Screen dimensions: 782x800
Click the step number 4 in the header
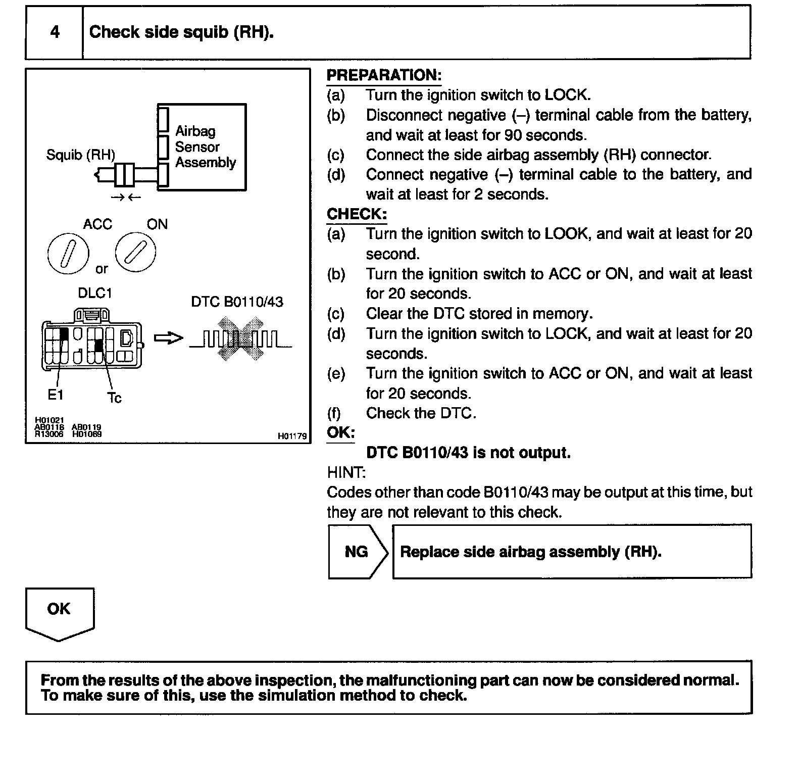click(55, 32)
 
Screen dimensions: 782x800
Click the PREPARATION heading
click(384, 75)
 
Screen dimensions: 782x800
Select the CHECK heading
click(357, 214)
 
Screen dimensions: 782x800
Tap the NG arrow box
click(357, 552)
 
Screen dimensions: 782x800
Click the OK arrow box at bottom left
click(59, 611)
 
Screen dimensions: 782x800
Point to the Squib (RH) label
click(80, 155)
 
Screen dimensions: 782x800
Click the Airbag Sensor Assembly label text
click(205, 147)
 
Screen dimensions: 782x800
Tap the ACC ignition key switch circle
click(68, 253)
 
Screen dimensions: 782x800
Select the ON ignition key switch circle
click(135, 252)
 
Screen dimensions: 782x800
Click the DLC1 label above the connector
click(94, 293)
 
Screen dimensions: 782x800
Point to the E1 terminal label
click(55, 395)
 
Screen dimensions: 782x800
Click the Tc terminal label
click(114, 398)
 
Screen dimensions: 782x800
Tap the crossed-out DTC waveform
click(240, 338)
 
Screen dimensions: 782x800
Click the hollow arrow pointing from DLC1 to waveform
click(168, 338)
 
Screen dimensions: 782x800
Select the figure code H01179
click(292, 436)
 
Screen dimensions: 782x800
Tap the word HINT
click(346, 473)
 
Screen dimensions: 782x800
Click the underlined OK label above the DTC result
click(341, 433)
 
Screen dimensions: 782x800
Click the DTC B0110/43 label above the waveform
click(237, 302)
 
